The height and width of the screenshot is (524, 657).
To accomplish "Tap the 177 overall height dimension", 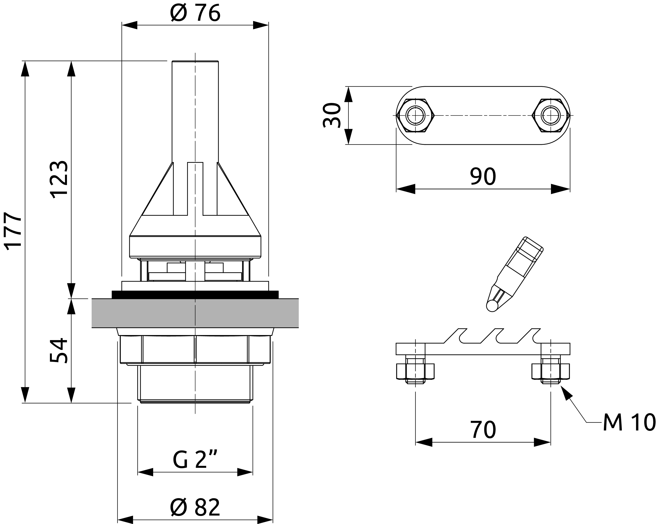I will click(14, 230).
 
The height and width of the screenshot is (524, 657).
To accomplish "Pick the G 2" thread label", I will click(195, 460).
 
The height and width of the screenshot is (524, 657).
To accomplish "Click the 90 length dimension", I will click(483, 176).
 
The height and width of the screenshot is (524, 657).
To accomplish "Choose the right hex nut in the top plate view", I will click(551, 116).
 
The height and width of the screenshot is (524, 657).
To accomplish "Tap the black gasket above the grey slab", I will click(195, 295).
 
